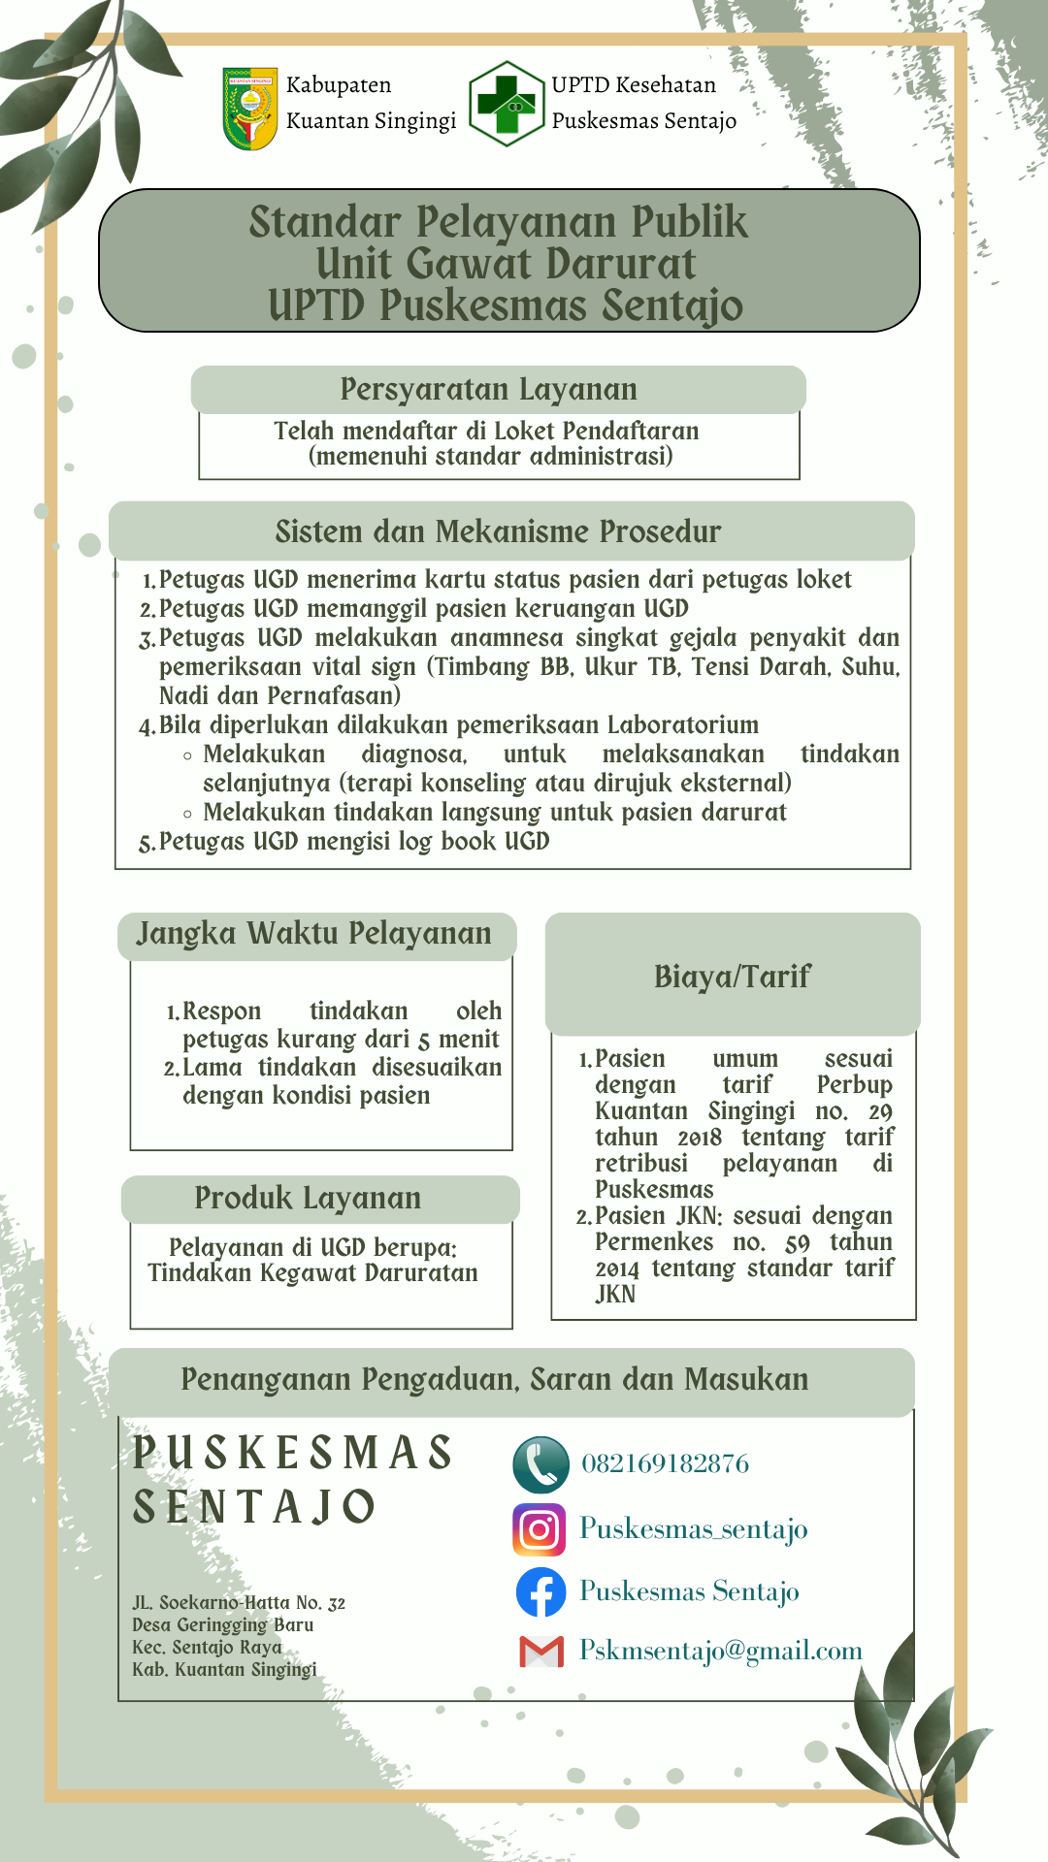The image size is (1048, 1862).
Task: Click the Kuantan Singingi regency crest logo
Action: [x=249, y=108]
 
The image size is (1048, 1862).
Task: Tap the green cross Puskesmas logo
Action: [x=507, y=104]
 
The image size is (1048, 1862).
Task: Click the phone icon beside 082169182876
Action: [x=540, y=1464]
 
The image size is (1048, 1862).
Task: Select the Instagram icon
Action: [x=540, y=1530]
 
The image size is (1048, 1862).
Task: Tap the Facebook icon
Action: [x=540, y=1592]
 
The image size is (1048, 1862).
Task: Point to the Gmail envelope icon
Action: [x=541, y=1652]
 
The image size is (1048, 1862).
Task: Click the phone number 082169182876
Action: [x=666, y=1463]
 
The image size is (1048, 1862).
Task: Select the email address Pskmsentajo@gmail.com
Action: [x=721, y=1651]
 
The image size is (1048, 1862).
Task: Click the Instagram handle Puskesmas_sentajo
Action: [x=693, y=1529]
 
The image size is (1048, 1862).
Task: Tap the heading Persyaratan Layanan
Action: [x=489, y=390]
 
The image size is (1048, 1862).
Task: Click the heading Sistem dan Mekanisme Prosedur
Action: [x=498, y=532]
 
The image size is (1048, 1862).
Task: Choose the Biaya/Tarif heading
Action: [x=733, y=977]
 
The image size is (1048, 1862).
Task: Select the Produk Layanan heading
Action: [x=308, y=1199]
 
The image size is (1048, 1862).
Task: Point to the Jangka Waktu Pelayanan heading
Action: [x=313, y=934]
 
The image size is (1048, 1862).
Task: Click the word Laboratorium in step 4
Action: [x=683, y=725]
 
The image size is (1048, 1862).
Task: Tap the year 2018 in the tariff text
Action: [x=699, y=1138]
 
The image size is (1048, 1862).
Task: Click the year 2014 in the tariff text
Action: [x=617, y=1268]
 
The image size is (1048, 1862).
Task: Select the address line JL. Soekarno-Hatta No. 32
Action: [x=239, y=1603]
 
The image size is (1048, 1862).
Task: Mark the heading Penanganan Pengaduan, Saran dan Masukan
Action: [x=495, y=1380]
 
